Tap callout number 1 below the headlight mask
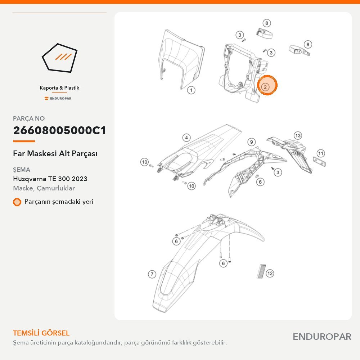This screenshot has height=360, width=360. click(x=191, y=90)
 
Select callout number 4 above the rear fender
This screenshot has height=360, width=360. click(x=186, y=138)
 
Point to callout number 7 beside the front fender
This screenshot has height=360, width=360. click(x=152, y=274)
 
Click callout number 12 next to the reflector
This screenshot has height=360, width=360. click(x=270, y=273)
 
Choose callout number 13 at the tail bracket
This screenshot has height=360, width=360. click(x=298, y=135)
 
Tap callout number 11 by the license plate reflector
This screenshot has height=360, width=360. click(x=321, y=153)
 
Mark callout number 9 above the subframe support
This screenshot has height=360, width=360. click(x=251, y=142)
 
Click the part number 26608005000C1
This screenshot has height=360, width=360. click(x=59, y=130)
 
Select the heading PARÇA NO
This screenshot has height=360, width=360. click(x=29, y=118)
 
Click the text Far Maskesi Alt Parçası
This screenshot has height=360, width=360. click(x=55, y=154)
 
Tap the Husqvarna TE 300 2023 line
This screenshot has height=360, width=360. click(x=50, y=179)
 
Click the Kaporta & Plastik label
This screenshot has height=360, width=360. click(x=59, y=88)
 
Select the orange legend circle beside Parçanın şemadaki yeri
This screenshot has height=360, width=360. click(x=17, y=202)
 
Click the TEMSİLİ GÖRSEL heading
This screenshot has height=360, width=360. click(x=41, y=333)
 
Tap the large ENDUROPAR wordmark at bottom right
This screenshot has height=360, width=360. click(x=322, y=337)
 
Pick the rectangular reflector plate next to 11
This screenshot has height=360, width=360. click(x=319, y=161)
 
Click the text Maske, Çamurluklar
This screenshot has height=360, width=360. click(x=44, y=188)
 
